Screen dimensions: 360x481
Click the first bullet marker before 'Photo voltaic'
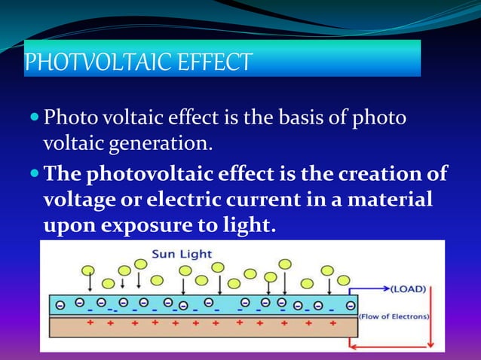coord(35,118)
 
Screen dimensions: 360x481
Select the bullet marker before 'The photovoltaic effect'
coord(35,175)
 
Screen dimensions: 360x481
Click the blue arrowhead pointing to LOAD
coord(386,288)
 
